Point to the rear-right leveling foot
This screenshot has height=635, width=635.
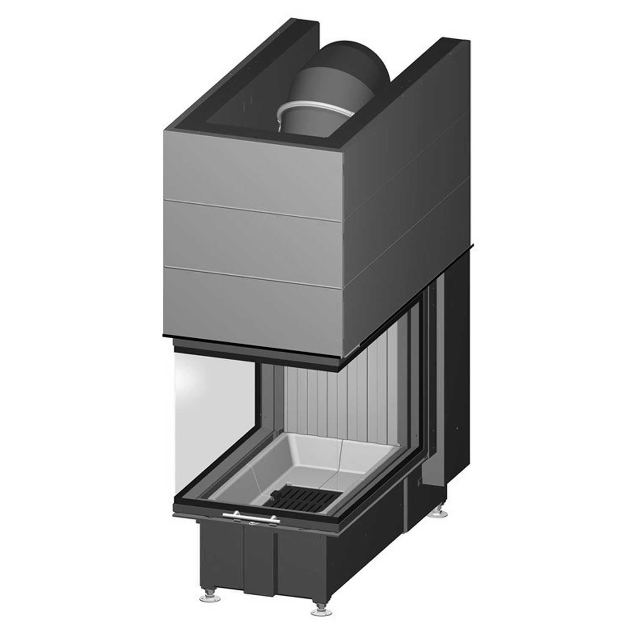click(439, 514)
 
